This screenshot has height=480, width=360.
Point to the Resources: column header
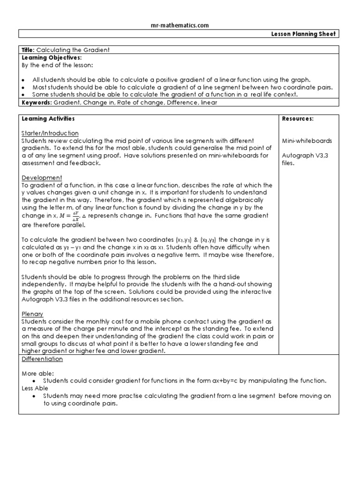coord(298,119)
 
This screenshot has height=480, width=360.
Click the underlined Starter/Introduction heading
coord(50,133)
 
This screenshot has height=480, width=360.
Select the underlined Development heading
coord(42,178)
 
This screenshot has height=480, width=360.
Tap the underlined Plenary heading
coord(32,314)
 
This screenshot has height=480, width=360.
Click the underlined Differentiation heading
coord(42,359)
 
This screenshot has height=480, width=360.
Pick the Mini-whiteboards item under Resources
coord(307,141)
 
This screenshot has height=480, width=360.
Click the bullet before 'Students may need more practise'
coord(35,396)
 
